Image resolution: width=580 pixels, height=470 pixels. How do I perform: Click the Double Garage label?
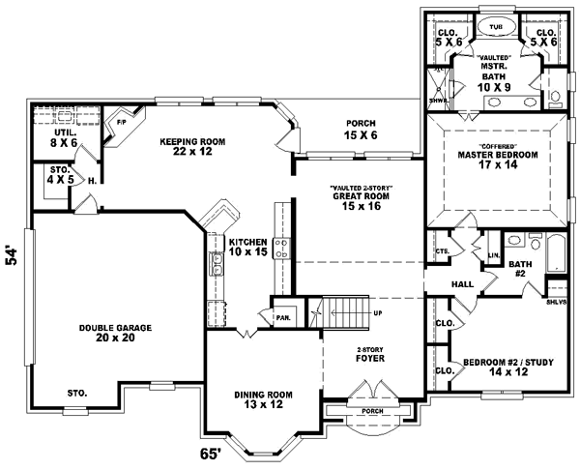pyautogui.click(x=113, y=334)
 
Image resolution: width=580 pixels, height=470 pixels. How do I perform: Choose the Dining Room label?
pyautogui.click(x=263, y=398)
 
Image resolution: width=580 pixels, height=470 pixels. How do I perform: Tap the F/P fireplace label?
pyautogui.click(x=123, y=122)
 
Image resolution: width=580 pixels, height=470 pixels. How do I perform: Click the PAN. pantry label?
pyautogui.click(x=284, y=315)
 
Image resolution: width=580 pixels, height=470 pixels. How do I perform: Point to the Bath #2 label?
pyautogui.click(x=521, y=267)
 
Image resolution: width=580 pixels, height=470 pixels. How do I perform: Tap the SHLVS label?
pyautogui.click(x=556, y=301)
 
